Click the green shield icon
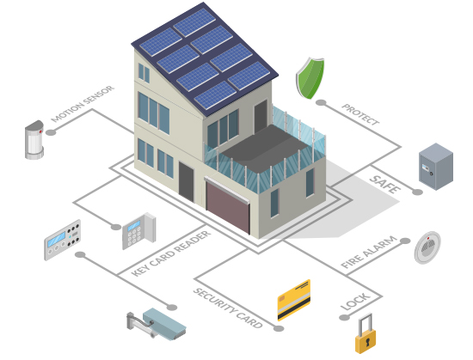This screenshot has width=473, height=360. pyautogui.click(x=310, y=78)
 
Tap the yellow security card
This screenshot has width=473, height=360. pyautogui.click(x=294, y=300)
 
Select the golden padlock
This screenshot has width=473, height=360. pyautogui.click(x=365, y=333)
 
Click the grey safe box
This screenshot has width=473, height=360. pyautogui.click(x=436, y=167)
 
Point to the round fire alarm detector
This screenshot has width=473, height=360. pyautogui.click(x=427, y=247)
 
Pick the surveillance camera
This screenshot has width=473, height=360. pyautogui.click(x=157, y=324)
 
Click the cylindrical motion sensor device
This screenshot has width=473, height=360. pyautogui.click(x=34, y=140)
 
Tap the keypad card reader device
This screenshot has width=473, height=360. pyautogui.click(x=138, y=231)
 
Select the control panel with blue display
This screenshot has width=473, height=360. pyautogui.click(x=63, y=240)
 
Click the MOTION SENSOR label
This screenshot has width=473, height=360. pyautogui.click(x=83, y=104)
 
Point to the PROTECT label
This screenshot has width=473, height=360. pyautogui.click(x=360, y=114)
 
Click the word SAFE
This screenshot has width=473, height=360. pyautogui.click(x=385, y=184)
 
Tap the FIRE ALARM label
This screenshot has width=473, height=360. pyautogui.click(x=369, y=252)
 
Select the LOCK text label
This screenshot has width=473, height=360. pyautogui.click(x=354, y=302)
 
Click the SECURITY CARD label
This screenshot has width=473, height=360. pyautogui.click(x=228, y=308)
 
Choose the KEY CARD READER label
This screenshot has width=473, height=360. pyautogui.click(x=171, y=253)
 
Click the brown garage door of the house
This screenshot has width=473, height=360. pyautogui.click(x=228, y=207)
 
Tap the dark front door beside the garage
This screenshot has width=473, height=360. pyautogui.click(x=186, y=181)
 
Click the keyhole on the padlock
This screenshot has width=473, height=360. pyautogui.click(x=368, y=342)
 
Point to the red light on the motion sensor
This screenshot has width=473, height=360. pyautogui.click(x=40, y=131)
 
